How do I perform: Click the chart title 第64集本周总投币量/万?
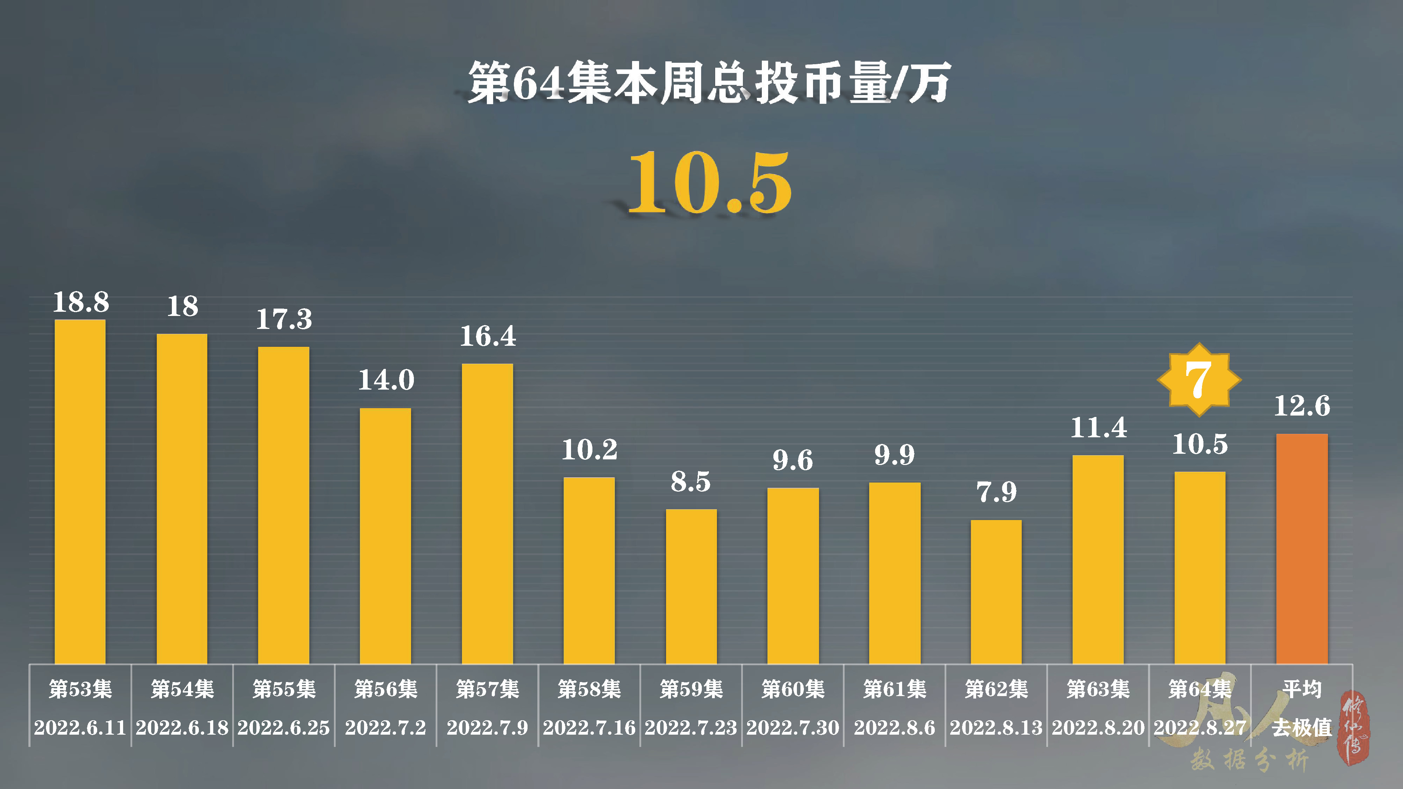(x=709, y=83)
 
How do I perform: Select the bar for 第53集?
(x=80, y=490)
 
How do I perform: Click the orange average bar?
(x=1302, y=547)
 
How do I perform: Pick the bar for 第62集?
(x=996, y=591)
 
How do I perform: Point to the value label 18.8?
(x=81, y=302)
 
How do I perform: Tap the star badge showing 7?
(x=1199, y=379)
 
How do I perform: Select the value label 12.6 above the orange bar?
(x=1302, y=406)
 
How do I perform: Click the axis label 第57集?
(x=488, y=689)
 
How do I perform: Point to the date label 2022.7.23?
(x=691, y=728)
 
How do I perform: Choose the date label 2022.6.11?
(x=80, y=728)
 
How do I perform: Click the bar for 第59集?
(x=691, y=585)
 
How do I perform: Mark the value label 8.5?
(x=691, y=482)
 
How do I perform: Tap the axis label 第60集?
(x=793, y=689)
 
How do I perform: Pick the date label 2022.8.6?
(x=894, y=728)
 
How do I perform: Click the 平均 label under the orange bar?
(x=1302, y=689)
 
